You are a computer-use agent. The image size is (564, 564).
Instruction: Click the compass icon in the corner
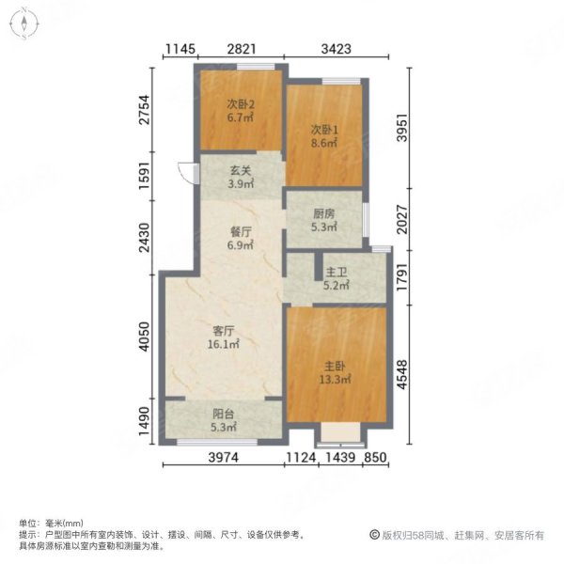click(x=24, y=23)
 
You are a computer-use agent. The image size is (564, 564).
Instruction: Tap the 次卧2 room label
click(x=241, y=104)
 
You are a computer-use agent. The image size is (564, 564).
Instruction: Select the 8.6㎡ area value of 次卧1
click(x=324, y=143)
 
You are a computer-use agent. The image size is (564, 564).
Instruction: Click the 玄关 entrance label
click(x=241, y=170)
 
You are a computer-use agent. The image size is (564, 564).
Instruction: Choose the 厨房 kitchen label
click(x=323, y=214)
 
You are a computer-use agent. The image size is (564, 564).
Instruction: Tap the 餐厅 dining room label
click(x=241, y=232)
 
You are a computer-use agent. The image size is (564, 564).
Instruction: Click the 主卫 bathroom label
click(x=336, y=273)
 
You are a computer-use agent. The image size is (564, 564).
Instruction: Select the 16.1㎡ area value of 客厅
click(x=224, y=344)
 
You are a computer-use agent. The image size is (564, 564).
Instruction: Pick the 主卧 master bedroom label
click(x=335, y=367)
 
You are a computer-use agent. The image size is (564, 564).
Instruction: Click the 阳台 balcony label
click(x=224, y=414)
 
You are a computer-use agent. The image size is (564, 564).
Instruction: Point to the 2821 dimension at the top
click(x=242, y=49)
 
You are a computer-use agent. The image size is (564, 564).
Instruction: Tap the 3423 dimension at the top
click(x=337, y=49)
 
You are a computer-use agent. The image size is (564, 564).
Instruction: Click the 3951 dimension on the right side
click(x=402, y=128)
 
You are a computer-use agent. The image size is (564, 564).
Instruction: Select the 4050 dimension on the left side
click(x=144, y=337)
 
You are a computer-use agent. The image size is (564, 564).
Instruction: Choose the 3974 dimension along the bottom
click(x=224, y=458)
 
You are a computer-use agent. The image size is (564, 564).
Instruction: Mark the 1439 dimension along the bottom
click(x=340, y=458)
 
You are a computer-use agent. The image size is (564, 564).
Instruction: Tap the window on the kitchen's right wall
click(x=366, y=220)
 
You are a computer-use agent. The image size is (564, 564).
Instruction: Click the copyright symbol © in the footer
click(x=374, y=535)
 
